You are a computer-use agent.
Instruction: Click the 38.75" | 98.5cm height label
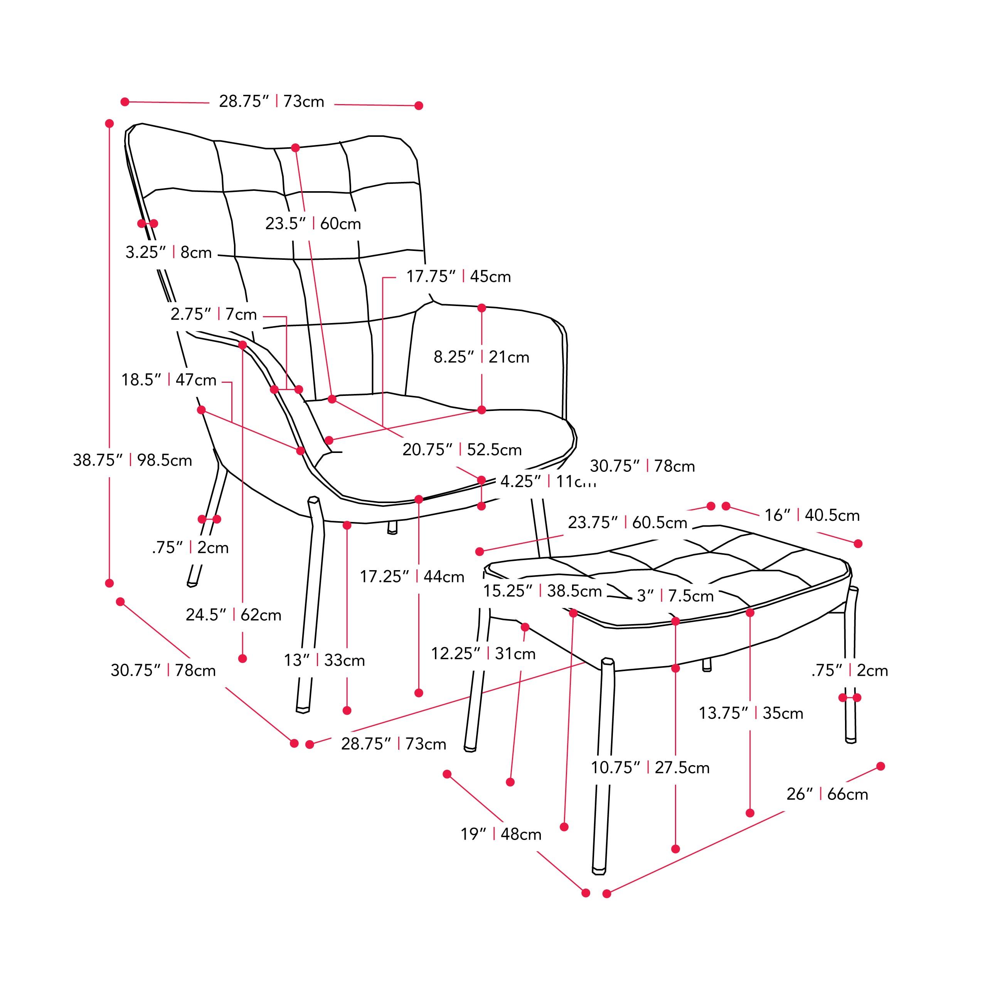coord(132,460)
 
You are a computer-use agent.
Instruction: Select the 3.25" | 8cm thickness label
coord(168,252)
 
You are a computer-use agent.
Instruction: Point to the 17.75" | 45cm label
coord(458,276)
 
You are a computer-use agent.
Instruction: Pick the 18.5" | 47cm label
coord(168,380)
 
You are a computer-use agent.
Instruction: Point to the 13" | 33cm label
coord(324,660)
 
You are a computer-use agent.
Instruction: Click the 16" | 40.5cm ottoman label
coord(812,515)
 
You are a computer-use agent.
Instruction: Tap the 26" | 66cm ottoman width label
coord(827,794)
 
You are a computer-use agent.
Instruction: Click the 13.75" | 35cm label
coord(751,713)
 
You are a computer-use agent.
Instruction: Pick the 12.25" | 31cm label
coord(483,653)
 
